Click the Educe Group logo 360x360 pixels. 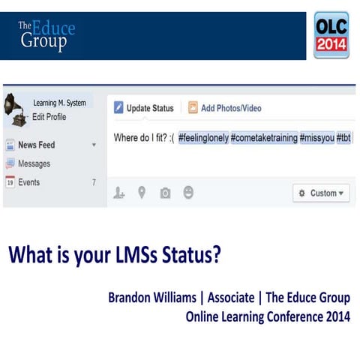(46, 34)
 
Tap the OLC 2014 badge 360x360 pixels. (331, 35)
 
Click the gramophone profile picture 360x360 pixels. (15, 107)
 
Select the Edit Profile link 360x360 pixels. (49, 117)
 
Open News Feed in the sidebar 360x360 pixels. (36, 145)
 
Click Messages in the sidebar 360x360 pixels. (34, 163)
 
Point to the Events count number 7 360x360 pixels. (94, 182)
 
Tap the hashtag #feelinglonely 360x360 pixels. (203, 138)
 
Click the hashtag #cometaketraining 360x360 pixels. (264, 138)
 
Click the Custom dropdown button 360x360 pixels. (321, 193)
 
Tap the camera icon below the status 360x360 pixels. (165, 193)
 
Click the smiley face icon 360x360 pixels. (188, 193)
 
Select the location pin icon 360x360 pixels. (141, 193)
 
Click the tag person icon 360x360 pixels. (118, 193)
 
